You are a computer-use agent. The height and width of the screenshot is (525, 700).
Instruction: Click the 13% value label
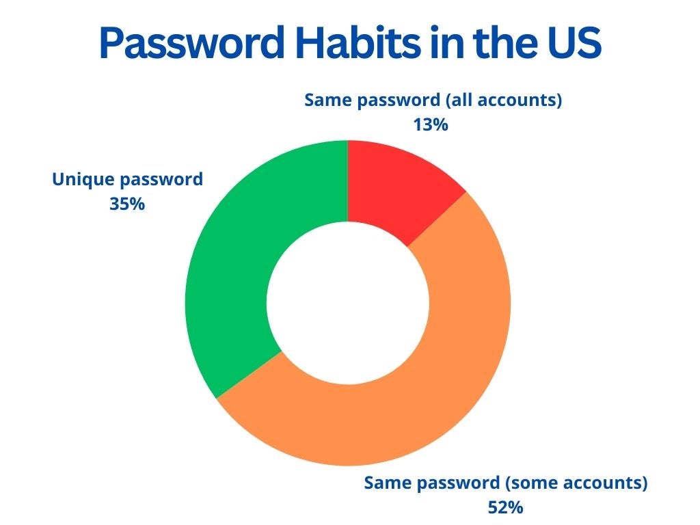[431, 124]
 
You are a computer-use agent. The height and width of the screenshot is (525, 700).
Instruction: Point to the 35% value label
[127, 204]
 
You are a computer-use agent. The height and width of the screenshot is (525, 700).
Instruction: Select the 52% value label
[505, 508]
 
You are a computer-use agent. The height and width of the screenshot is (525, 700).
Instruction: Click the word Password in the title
[192, 42]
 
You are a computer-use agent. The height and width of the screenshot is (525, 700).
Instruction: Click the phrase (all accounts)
[504, 100]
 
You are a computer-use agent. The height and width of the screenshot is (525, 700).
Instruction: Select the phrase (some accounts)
[576, 483]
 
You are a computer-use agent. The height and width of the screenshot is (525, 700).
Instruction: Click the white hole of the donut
[348, 303]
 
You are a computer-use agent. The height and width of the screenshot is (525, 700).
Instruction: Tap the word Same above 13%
[327, 100]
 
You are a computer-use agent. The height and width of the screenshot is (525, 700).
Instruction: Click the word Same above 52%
[387, 483]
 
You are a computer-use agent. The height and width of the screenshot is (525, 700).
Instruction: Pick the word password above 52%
[458, 483]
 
